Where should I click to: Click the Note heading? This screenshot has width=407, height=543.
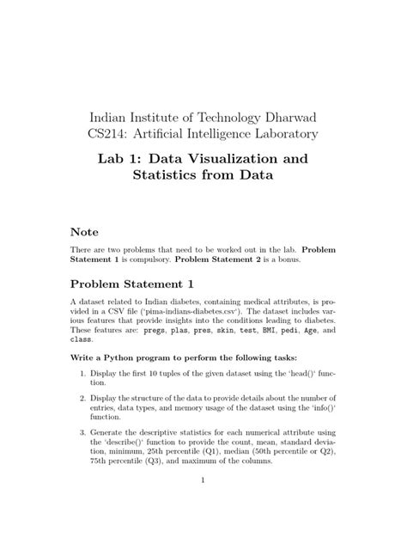pyautogui.click(x=85, y=233)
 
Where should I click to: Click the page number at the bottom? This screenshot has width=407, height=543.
pyautogui.click(x=203, y=503)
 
